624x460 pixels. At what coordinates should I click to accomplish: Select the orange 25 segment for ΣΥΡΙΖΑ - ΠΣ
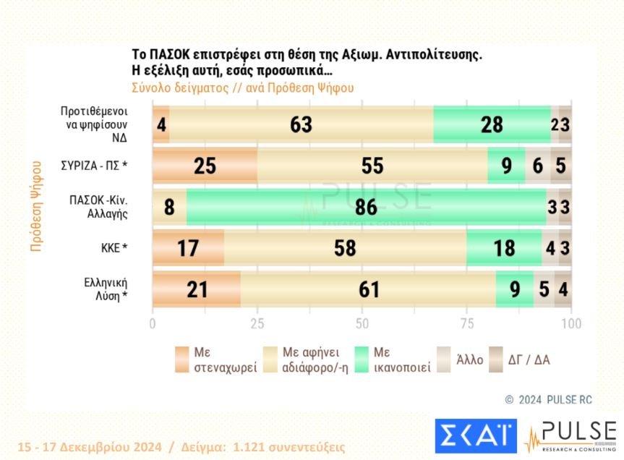[205, 166]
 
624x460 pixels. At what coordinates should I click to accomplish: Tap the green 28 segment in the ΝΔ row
[492, 124]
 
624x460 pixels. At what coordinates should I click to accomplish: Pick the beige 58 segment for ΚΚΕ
[345, 248]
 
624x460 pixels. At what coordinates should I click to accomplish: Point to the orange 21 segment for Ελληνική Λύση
[196, 290]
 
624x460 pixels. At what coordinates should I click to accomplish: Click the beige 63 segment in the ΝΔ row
[301, 124]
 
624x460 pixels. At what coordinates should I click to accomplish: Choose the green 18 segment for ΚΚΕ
[503, 248]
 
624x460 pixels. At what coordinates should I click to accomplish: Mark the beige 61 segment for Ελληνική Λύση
[369, 290]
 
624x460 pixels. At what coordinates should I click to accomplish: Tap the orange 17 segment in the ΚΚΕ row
[188, 248]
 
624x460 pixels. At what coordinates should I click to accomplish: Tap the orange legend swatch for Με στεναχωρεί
[182, 359]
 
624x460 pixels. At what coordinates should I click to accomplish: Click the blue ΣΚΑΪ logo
[475, 438]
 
